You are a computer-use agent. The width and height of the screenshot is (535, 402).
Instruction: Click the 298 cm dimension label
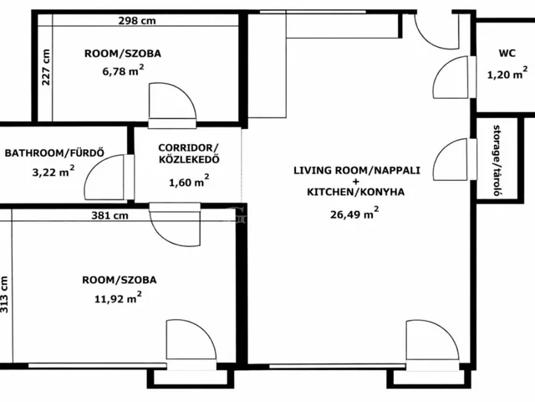click(137, 21)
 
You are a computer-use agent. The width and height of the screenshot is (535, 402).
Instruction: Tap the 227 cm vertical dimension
click(46, 67)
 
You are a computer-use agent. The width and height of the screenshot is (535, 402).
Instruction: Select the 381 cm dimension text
click(110, 216)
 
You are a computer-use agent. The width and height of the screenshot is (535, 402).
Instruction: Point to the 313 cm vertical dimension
click(3, 294)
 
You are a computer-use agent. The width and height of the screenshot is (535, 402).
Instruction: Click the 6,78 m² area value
click(123, 70)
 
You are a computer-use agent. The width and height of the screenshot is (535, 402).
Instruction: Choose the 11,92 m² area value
click(118, 297)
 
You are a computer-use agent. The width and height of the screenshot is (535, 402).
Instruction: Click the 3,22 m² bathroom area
click(53, 171)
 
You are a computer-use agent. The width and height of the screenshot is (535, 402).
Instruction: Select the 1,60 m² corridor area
click(189, 181)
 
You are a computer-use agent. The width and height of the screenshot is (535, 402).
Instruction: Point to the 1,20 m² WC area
click(507, 73)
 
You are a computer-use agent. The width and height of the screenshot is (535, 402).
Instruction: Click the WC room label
click(507, 54)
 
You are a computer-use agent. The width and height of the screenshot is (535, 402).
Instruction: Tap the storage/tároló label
click(498, 160)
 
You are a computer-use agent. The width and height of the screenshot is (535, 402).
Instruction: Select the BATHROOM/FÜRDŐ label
click(54, 152)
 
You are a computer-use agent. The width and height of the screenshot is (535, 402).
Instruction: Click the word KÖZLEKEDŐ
click(189, 160)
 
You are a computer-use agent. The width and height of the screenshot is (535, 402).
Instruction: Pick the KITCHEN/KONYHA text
click(356, 192)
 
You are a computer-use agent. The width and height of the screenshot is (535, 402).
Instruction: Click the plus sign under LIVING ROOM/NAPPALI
click(356, 181)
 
